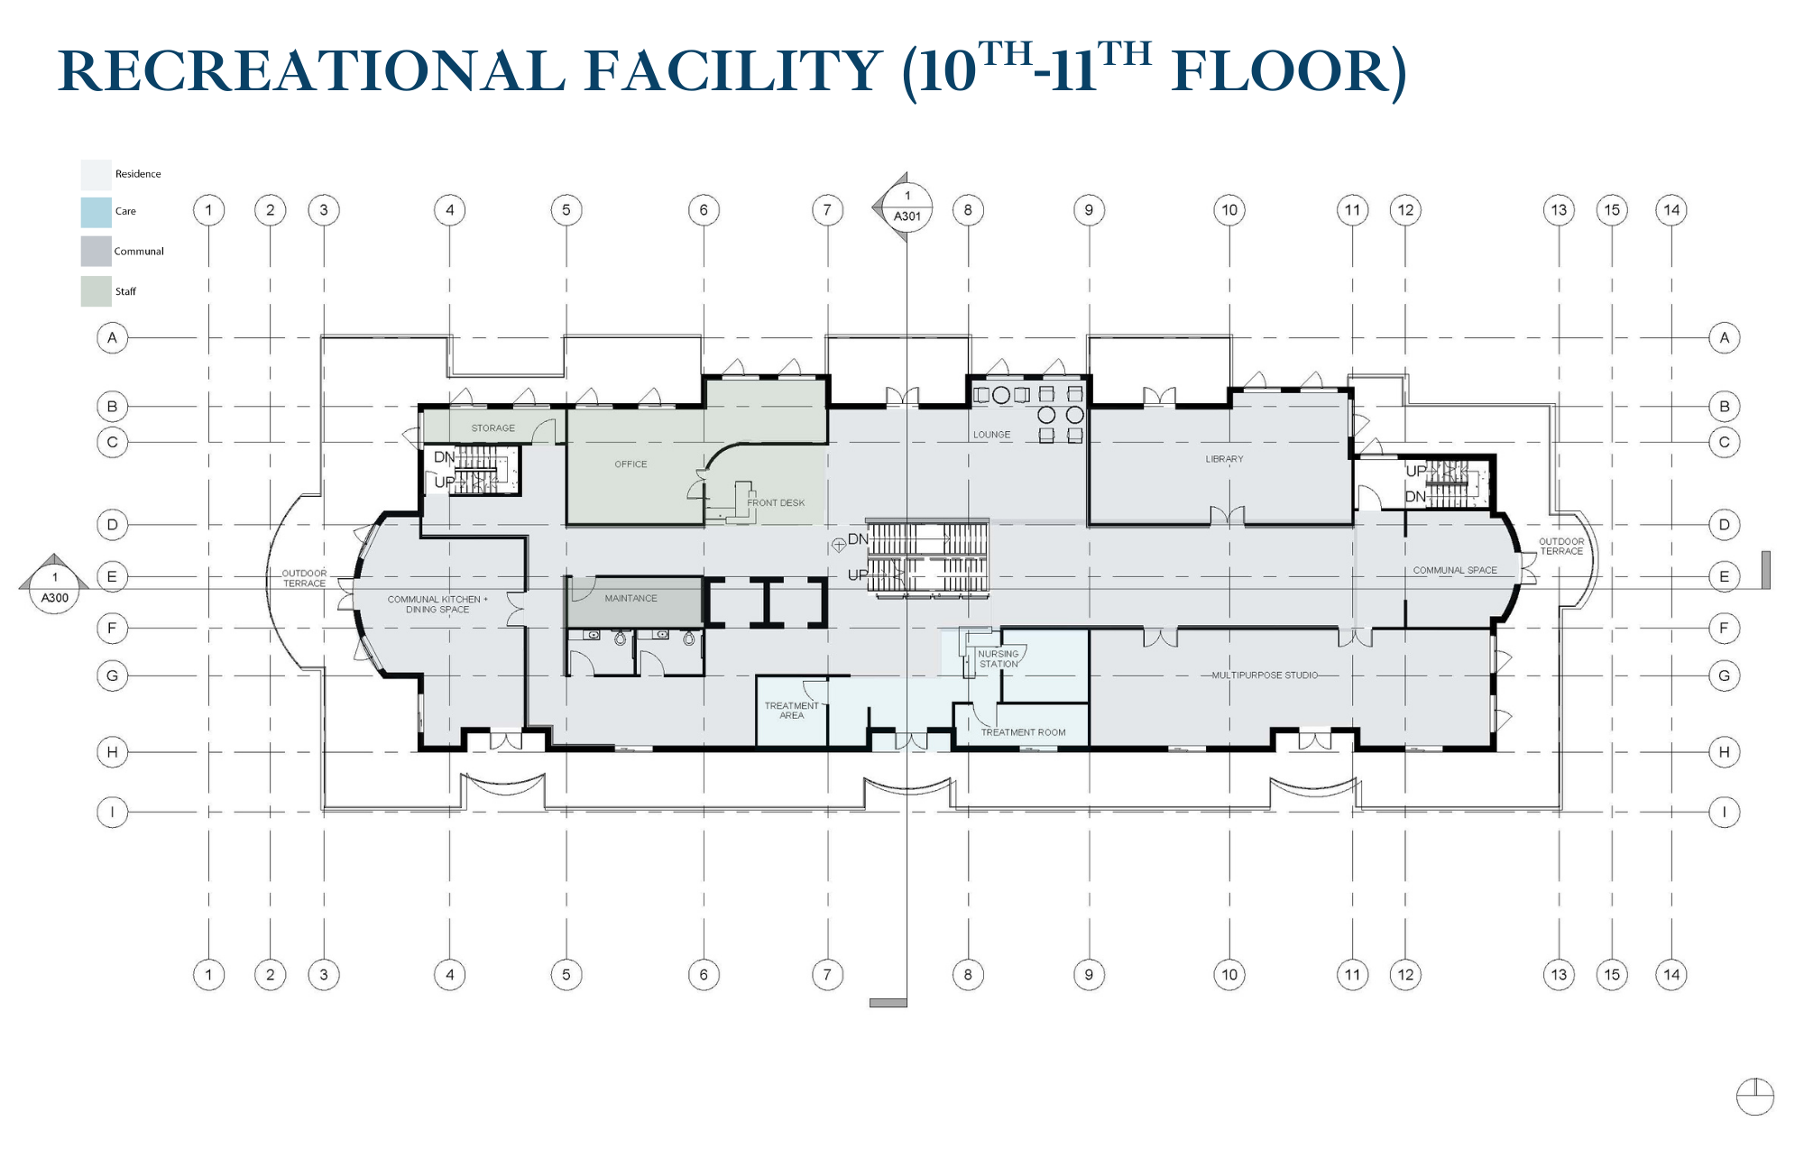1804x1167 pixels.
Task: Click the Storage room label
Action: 493,428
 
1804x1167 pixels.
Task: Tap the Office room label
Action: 631,464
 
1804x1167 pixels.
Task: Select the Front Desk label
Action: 776,503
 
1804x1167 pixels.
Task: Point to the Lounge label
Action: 991,435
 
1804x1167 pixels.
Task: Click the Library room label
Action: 1224,459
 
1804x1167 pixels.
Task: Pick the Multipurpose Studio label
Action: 1265,675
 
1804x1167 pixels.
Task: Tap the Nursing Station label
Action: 999,659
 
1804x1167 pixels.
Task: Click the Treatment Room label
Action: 1023,732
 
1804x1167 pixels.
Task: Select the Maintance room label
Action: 630,599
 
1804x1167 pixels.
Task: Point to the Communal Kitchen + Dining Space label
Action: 437,604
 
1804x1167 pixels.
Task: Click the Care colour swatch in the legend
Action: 96,212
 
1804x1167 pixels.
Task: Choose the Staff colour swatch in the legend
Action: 96,291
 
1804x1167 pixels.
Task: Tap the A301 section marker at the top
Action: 907,207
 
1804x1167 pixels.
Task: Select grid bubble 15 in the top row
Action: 1612,210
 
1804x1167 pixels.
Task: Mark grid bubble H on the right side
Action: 1724,752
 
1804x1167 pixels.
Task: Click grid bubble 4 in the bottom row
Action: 450,975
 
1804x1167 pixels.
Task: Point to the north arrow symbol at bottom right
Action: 1754,1097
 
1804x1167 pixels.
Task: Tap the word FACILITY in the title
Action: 733,71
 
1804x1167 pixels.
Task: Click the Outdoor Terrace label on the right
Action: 1561,547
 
